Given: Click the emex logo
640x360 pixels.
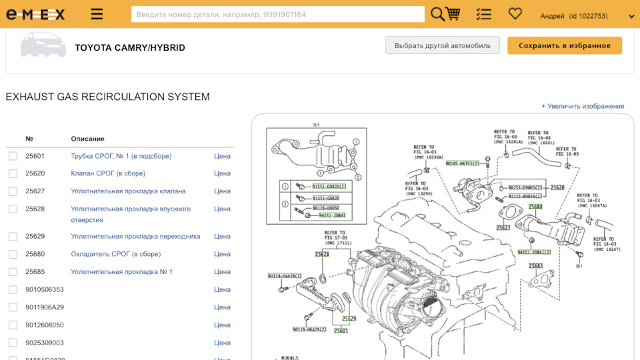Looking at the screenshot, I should pos(35,14).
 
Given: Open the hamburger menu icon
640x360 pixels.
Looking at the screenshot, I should pos(97,14).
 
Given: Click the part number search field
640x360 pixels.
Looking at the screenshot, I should pos(277,14).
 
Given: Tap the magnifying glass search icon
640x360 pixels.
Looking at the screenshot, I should pos(437,14).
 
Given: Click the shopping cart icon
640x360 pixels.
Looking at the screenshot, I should pos(453,14).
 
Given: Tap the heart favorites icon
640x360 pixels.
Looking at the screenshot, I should pos(515,13).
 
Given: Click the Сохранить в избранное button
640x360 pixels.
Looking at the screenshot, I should pos(564,45).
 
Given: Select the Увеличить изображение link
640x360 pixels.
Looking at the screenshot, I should pos(583,106).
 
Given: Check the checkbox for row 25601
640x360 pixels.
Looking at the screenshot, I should pos(13,156).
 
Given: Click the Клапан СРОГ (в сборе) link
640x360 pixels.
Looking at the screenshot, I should pos(108,173).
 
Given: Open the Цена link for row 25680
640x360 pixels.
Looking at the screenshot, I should pos(222,254).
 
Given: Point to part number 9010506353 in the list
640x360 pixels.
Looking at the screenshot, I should pos(45,289).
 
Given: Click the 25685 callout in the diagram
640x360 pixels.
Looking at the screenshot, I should pos(536,266).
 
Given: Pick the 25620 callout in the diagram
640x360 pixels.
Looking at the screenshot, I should pos(557,188).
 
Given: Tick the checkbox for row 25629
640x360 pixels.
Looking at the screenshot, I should pos(13,237).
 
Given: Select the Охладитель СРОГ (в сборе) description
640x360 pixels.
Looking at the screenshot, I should pos(116,254).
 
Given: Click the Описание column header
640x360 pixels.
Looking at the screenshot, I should pos(87,139).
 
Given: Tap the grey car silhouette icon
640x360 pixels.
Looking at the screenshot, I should pos(43,45).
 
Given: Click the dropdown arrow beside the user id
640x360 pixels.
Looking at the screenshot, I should pos(631,16).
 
